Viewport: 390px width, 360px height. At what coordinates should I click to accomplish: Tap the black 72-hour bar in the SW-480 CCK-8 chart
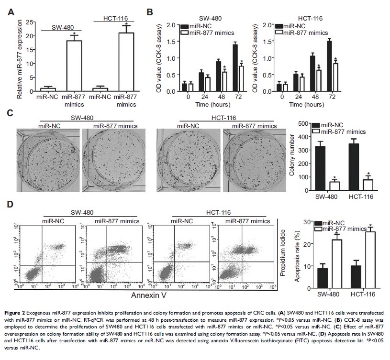(235, 67)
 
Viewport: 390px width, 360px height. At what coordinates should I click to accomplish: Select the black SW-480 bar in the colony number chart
(320, 169)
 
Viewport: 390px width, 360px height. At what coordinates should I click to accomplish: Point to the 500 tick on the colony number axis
(302, 124)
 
